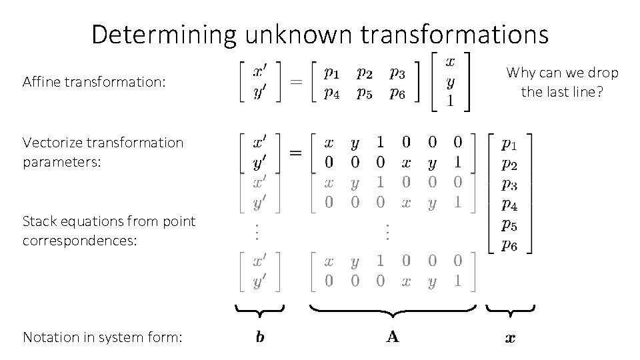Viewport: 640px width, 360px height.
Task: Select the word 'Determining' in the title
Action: tap(163, 33)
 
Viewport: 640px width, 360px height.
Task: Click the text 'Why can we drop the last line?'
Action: tap(562, 82)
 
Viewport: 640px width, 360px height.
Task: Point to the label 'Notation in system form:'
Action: tap(102, 337)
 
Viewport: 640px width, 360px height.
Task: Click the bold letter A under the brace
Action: tap(393, 337)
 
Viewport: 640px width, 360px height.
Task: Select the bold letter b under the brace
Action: tap(260, 337)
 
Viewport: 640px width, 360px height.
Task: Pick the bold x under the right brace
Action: tap(510, 338)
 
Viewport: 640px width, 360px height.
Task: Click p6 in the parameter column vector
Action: tap(509, 245)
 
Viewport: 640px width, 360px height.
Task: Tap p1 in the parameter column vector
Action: tap(509, 143)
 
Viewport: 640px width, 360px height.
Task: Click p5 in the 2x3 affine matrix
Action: tap(364, 93)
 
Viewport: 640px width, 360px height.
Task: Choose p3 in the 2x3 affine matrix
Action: tap(397, 71)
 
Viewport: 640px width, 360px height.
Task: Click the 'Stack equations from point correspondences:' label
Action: tap(109, 230)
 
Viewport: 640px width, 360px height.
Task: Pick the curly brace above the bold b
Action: tap(260, 309)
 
